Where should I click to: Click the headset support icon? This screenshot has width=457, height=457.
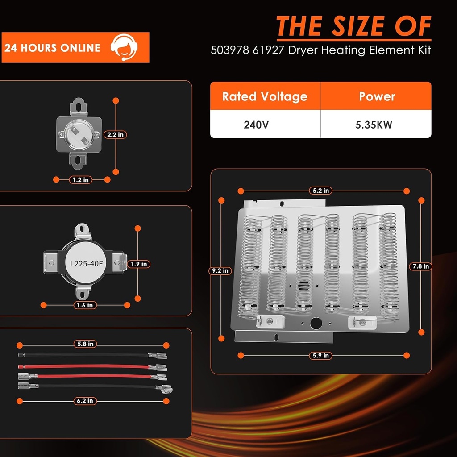pyautogui.click(x=124, y=47)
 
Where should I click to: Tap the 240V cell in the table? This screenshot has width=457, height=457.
pyautogui.click(x=256, y=125)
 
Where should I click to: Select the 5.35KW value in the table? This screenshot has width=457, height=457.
pyautogui.click(x=374, y=125)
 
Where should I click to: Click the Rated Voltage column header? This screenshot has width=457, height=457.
pyautogui.click(x=265, y=96)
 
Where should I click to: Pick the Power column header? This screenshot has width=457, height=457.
pyautogui.click(x=377, y=96)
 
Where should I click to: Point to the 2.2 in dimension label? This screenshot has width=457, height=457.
pyautogui.click(x=115, y=135)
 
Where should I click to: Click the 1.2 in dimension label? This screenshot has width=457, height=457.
pyautogui.click(x=80, y=180)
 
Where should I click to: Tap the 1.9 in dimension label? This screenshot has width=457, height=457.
pyautogui.click(x=139, y=264)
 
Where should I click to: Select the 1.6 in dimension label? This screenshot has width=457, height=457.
pyautogui.click(x=85, y=305)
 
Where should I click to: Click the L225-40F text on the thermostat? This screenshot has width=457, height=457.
pyautogui.click(x=86, y=264)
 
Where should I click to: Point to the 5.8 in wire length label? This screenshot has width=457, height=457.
pyautogui.click(x=85, y=344)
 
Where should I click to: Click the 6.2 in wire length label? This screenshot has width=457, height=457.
pyautogui.click(x=85, y=401)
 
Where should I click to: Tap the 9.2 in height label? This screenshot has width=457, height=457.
pyautogui.click(x=220, y=271)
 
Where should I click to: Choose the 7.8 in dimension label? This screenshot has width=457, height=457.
pyautogui.click(x=420, y=266)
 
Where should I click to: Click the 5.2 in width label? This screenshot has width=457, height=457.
pyautogui.click(x=320, y=191)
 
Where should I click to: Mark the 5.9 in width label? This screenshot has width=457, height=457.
pyautogui.click(x=320, y=356)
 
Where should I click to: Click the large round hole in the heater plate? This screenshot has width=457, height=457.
pyautogui.click(x=316, y=324)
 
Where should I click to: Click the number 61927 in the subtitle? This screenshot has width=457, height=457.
pyautogui.click(x=268, y=50)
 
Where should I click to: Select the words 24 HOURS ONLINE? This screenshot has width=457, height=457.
pyautogui.click(x=53, y=48)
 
